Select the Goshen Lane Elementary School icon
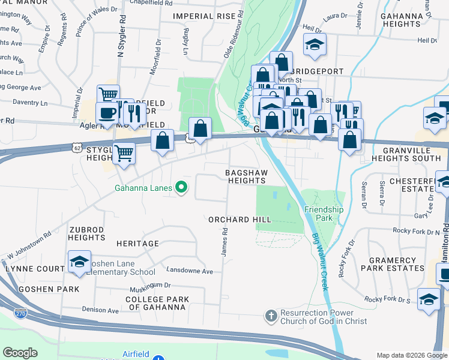(79, 261)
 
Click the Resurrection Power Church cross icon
(271, 315)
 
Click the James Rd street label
(224, 242)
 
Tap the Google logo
(20, 353)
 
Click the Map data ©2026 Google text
(412, 355)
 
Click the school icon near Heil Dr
(314, 45)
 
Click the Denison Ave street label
(100, 310)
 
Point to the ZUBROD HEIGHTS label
(86, 233)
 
